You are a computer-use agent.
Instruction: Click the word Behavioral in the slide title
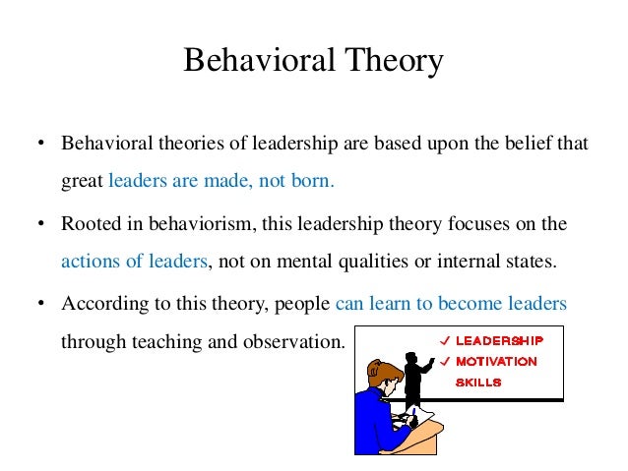coord(254,62)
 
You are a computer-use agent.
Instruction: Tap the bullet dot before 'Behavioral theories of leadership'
coord(41,144)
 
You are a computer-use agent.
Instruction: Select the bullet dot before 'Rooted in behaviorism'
coord(41,224)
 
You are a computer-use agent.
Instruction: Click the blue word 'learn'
coord(391,304)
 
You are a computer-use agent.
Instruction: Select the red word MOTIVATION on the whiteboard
coord(496,362)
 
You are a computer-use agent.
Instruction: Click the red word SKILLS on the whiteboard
coord(478,383)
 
